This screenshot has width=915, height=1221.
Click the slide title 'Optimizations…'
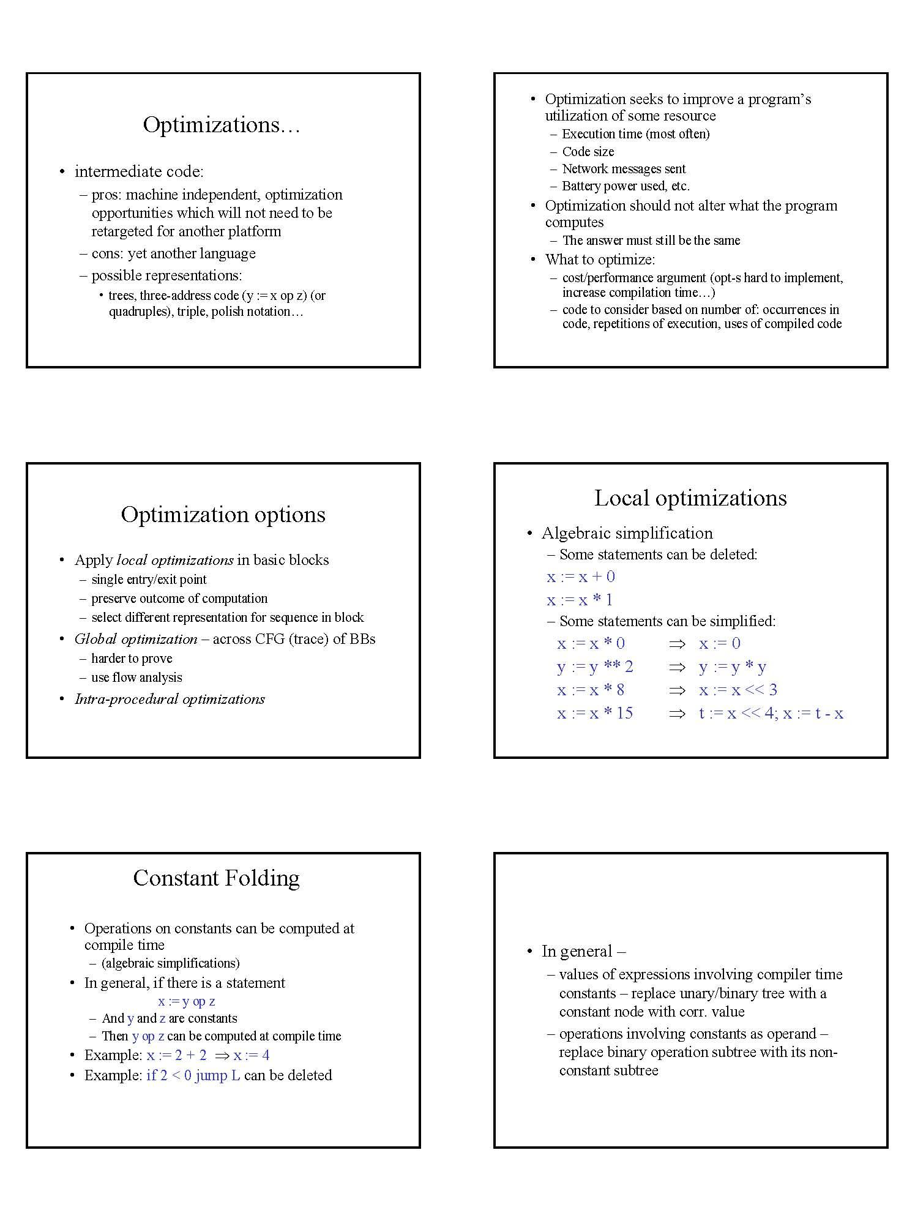point(222,125)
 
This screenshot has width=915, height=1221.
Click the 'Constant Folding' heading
point(216,878)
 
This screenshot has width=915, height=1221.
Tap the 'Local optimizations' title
point(690,498)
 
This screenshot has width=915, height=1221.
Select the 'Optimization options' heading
point(223,514)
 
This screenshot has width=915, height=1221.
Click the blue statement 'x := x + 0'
point(581,577)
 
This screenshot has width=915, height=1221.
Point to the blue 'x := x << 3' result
point(738,690)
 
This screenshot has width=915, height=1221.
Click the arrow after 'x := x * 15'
point(676,713)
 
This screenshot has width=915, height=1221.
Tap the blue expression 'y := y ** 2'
point(595,667)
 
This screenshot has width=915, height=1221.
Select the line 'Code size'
point(588,151)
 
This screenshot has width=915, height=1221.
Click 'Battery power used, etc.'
point(626,185)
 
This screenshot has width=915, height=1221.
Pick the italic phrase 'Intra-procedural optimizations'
point(170,699)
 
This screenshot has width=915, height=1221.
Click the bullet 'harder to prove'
point(132,658)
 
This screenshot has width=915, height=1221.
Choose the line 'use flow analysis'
point(136,677)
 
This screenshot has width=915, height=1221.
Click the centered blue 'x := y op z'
point(186,1001)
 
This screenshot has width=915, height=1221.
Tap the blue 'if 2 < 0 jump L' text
point(193,1075)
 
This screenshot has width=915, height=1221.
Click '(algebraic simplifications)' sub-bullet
point(170,963)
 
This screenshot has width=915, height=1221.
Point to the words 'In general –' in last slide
point(583,951)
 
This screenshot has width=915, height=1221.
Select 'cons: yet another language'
point(173,253)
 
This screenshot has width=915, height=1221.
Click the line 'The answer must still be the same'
point(651,240)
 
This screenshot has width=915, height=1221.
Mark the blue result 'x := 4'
point(251,1055)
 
